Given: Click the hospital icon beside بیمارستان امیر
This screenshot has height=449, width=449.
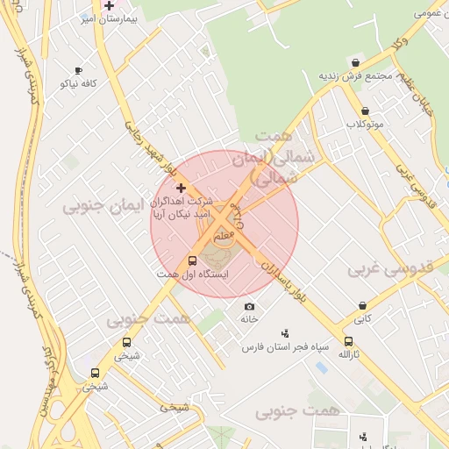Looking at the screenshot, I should pyautogui.click(x=109, y=5).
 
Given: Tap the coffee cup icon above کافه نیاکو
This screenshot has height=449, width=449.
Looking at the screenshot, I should pyautogui.click(x=79, y=70).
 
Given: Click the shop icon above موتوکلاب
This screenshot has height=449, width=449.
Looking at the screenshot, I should pyautogui.click(x=365, y=111).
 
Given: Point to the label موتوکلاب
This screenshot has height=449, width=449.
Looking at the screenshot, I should pyautogui.click(x=365, y=125).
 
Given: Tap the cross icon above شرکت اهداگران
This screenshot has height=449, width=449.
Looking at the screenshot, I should pyautogui.click(x=181, y=188).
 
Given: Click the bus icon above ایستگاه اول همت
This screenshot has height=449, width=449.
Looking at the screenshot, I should pyautogui.click(x=193, y=260).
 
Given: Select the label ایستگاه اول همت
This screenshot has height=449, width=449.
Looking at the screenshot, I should pyautogui.click(x=192, y=274).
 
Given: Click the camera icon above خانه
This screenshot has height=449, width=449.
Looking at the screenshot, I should pyautogui.click(x=250, y=306).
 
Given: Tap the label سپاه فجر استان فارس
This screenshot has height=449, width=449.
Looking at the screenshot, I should pyautogui.click(x=286, y=347).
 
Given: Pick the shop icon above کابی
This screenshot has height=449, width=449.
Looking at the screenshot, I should pyautogui.click(x=362, y=306).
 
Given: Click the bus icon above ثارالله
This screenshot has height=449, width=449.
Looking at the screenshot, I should pyautogui.click(x=349, y=342).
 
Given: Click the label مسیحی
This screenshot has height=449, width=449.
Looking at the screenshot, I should pyautogui.click(x=174, y=407).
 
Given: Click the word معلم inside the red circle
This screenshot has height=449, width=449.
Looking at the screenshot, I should pyautogui.click(x=224, y=237).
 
